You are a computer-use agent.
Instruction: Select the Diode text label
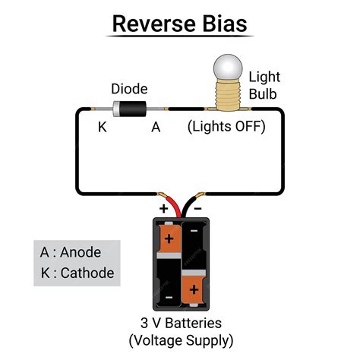pos(129,88)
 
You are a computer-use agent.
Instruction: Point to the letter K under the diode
pos(103,128)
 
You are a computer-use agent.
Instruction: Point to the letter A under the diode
pos(156,128)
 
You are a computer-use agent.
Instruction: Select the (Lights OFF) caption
pos(226,127)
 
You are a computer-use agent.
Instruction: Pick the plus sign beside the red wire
pos(162,207)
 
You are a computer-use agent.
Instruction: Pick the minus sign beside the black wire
pos(198,207)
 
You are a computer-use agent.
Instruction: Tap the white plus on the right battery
pos(194,290)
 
